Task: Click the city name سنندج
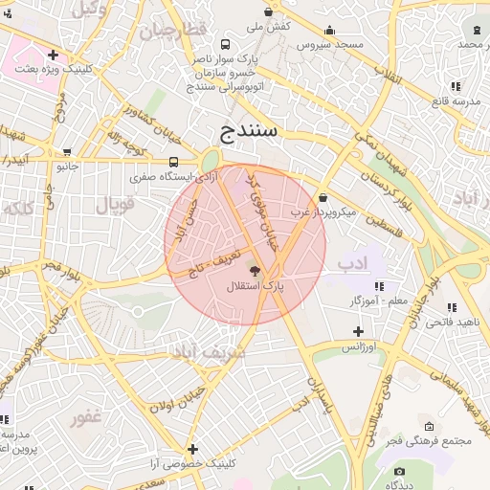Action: pyautogui.click(x=248, y=130)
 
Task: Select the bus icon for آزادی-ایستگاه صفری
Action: pyautogui.click(x=173, y=162)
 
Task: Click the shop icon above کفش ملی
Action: pyautogui.click(x=267, y=12)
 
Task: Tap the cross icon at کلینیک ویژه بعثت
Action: pyautogui.click(x=53, y=56)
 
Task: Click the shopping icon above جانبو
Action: pyautogui.click(x=67, y=150)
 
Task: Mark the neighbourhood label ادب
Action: pyautogui.click(x=352, y=263)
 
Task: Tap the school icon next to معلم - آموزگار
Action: pyautogui.click(x=379, y=285)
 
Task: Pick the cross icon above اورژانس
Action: pyautogui.click(x=358, y=330)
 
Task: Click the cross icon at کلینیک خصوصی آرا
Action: pyautogui.click(x=192, y=448)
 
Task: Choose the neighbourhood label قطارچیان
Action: pyautogui.click(x=173, y=32)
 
